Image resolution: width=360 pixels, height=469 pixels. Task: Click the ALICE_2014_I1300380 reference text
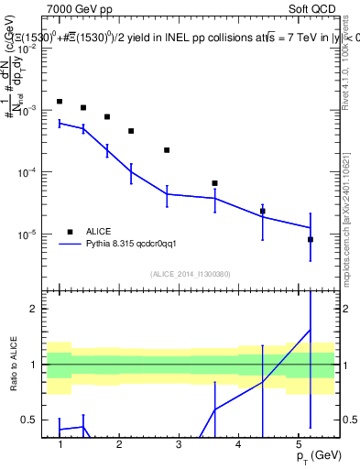click(x=190, y=274)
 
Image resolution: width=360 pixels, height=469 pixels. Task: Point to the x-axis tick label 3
click(x=179, y=444)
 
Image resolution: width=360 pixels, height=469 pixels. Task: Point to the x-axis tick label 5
click(x=297, y=444)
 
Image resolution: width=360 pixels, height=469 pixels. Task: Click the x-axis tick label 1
click(x=60, y=444)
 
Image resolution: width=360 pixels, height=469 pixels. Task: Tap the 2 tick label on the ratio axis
click(x=35, y=309)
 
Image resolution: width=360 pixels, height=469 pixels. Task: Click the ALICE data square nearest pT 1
click(x=60, y=102)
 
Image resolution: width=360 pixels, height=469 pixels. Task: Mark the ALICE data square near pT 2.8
click(x=167, y=150)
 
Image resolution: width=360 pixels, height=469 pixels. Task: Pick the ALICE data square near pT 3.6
click(x=214, y=183)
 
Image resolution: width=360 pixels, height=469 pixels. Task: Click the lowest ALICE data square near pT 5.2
click(x=311, y=240)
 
